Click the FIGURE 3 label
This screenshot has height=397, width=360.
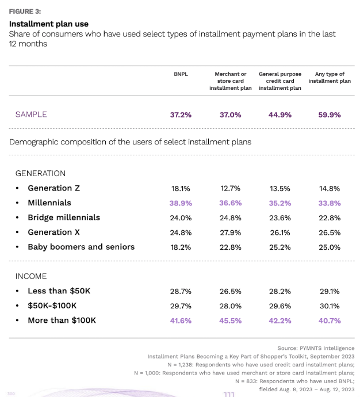pyautogui.click(x=25, y=10)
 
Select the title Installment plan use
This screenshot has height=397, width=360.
pyautogui.click(x=48, y=24)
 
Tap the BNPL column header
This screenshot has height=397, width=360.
pyautogui.click(x=181, y=74)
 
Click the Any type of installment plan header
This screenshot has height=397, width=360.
pyautogui.click(x=330, y=78)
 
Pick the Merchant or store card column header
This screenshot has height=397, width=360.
pyautogui.click(x=230, y=81)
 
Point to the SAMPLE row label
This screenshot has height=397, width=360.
pyautogui.click(x=31, y=114)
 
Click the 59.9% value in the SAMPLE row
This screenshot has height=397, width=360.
pyautogui.click(x=330, y=114)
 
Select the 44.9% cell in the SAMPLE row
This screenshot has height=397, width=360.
pyautogui.click(x=280, y=114)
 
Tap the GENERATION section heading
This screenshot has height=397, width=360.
pyautogui.click(x=40, y=173)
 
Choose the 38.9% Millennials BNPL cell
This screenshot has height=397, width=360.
pyautogui.click(x=181, y=203)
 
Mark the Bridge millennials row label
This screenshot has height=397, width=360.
pyautogui.click(x=63, y=217)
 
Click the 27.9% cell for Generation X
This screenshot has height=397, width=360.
pyautogui.click(x=230, y=232)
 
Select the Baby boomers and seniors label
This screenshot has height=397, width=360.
pyautogui.click(x=81, y=247)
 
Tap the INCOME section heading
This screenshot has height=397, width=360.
pyautogui.click(x=31, y=276)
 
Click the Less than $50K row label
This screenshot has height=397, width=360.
pyautogui.click(x=59, y=291)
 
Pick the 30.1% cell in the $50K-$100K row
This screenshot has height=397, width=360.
pyautogui.click(x=330, y=306)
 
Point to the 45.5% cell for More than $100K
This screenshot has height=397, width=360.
pyautogui.click(x=230, y=320)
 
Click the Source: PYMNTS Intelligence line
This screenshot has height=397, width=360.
pyautogui.click(x=316, y=348)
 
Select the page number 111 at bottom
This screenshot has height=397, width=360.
pyautogui.click(x=229, y=394)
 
